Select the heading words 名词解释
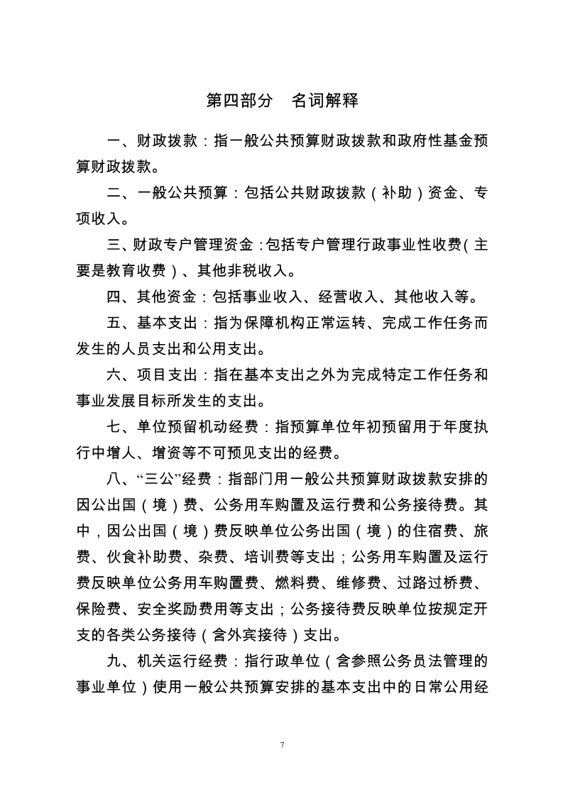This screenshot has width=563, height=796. (324, 101)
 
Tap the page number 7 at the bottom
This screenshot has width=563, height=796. (282, 745)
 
